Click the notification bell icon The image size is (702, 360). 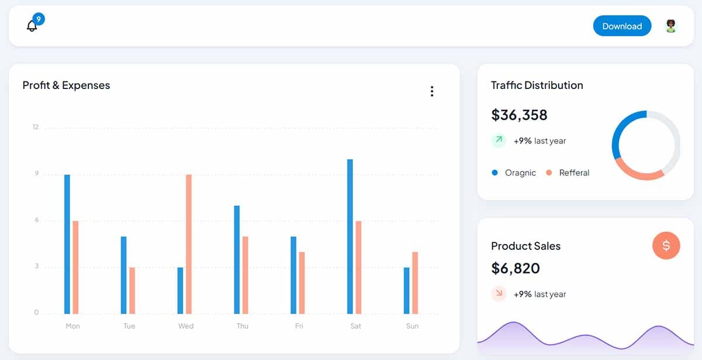coord(32,26)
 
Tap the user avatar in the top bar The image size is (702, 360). coord(671,26)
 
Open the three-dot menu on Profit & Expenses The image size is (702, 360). coord(432,91)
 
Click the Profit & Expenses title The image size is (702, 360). coord(66,85)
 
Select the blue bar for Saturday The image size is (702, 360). coord(350,236)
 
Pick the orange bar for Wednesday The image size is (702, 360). coord(189,244)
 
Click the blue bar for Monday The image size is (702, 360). coord(67,244)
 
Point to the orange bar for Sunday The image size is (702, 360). coord(415,283)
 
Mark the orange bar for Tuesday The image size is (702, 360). coord(132,290)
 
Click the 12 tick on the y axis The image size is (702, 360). coord(36,127)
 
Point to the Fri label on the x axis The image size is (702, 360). coord(299,326)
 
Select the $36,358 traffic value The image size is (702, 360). coord(519,115)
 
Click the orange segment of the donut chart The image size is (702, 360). coord(638,173)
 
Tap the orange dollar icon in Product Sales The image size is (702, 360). coord(666,245)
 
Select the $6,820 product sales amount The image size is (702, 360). coord(515,269)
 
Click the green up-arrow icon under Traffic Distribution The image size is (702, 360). coord(498,140)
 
